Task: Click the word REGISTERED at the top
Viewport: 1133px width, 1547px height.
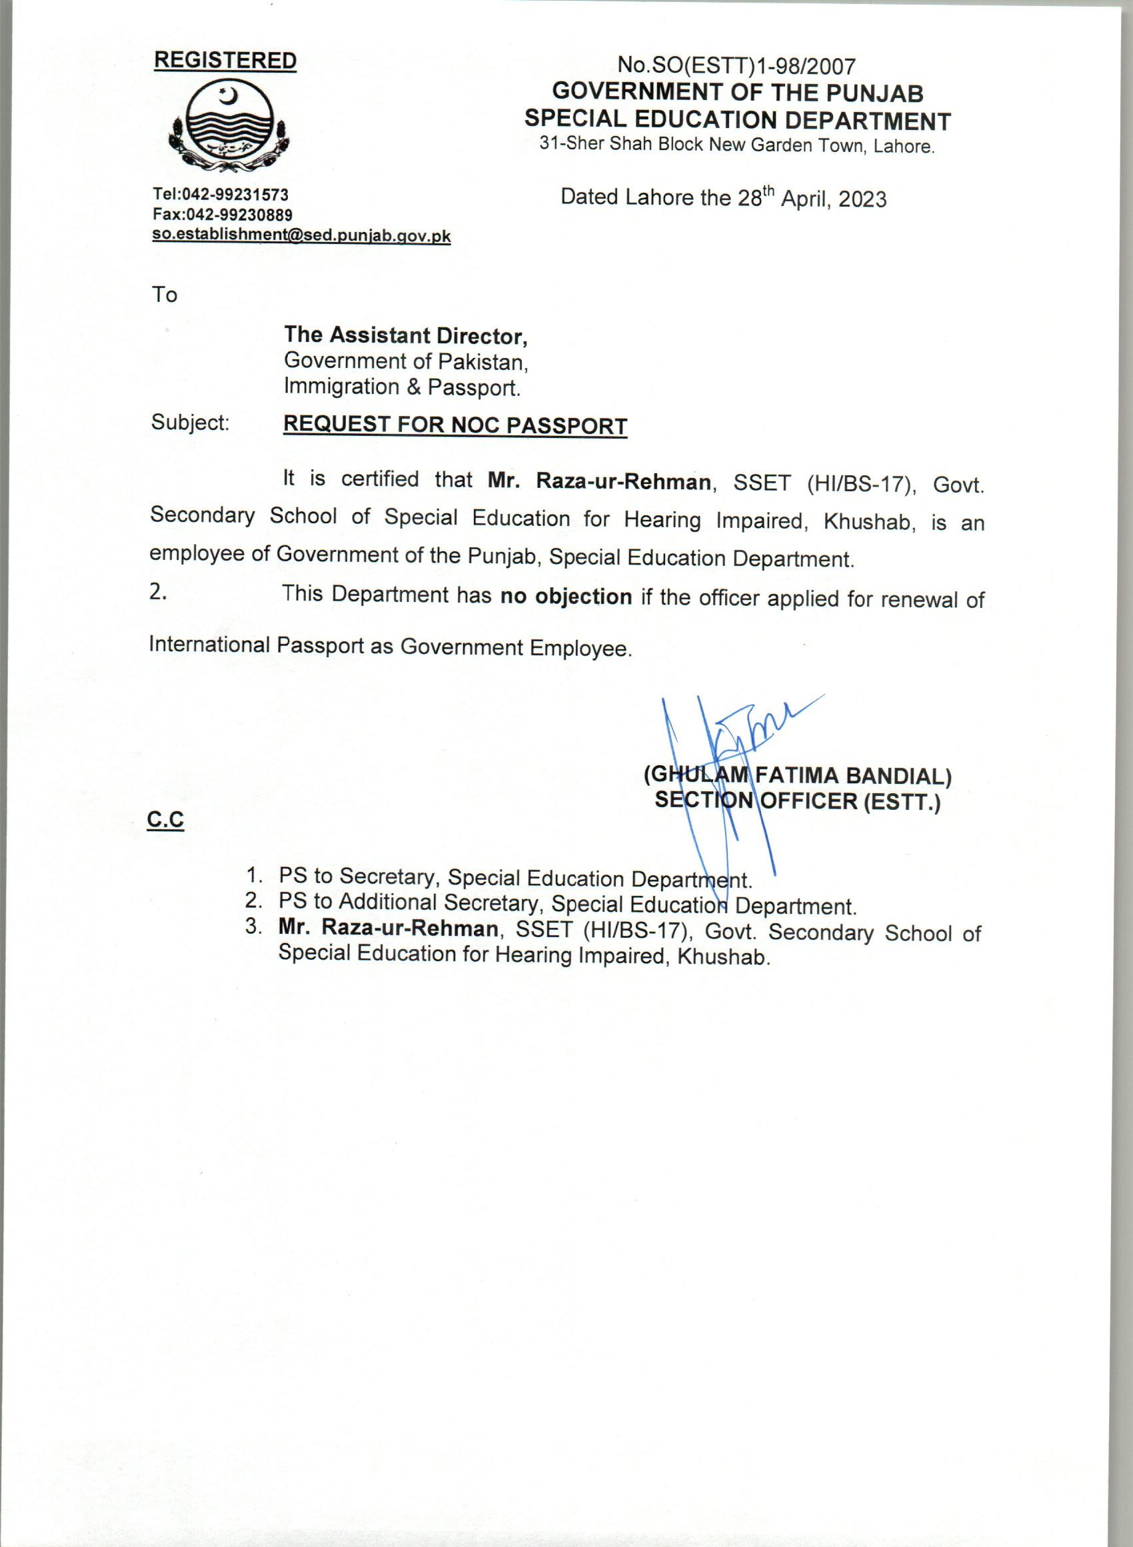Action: [225, 61]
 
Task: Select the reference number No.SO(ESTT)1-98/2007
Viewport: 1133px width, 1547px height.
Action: [737, 66]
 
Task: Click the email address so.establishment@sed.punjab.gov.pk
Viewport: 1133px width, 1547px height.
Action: [301, 235]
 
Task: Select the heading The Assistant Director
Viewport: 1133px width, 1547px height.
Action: [406, 335]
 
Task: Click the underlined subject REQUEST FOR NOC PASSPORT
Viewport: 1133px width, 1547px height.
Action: [455, 426]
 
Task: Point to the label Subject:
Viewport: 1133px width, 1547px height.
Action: [190, 423]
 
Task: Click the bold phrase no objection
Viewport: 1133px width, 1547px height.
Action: [566, 597]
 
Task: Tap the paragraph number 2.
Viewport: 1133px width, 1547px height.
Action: [159, 593]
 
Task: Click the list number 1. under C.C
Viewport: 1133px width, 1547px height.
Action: [255, 876]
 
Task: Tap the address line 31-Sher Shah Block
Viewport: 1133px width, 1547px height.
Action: [737, 146]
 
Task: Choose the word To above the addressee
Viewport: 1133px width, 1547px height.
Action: [165, 295]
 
